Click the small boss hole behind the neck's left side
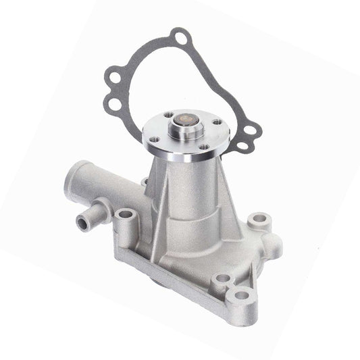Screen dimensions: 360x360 coord(144,182)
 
